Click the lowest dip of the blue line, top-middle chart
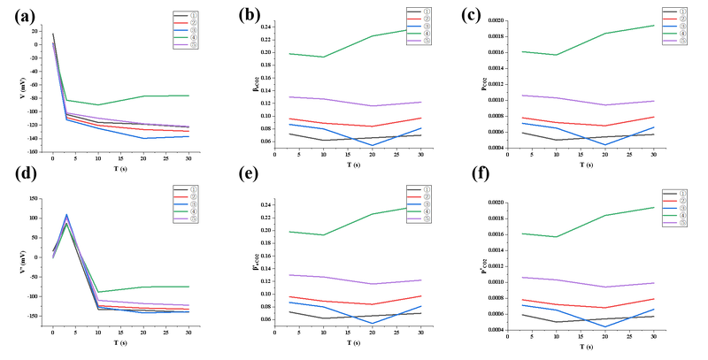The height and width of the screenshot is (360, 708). (x=371, y=143)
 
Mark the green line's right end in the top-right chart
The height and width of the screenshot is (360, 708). (x=655, y=25)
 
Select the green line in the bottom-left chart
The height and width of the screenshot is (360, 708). (x=142, y=287)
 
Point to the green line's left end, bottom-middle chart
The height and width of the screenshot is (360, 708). (x=289, y=232)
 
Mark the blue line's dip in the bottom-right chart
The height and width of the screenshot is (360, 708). (x=606, y=325)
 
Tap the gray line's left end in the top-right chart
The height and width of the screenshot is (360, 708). (x=520, y=133)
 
